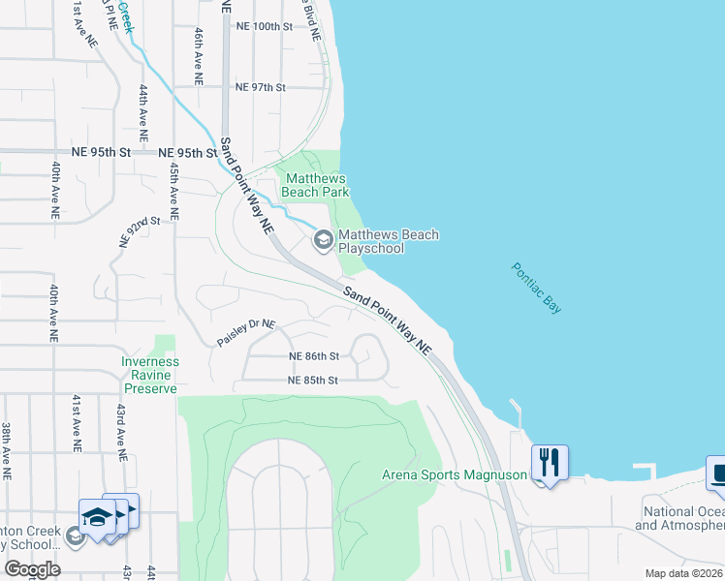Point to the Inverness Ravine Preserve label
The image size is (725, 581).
tap(149, 375)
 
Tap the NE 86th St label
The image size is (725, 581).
tap(314, 356)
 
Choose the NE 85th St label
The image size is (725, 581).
tap(312, 381)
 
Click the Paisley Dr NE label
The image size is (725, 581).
tap(246, 333)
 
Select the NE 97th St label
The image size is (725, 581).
tap(261, 87)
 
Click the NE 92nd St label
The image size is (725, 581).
tap(139, 232)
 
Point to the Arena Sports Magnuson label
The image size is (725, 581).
tap(454, 474)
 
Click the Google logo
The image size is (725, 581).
tap(32, 569)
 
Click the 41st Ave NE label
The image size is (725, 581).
tap(76, 424)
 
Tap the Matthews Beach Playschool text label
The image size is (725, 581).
tap(388, 241)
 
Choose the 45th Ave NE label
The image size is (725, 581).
tap(174, 191)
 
